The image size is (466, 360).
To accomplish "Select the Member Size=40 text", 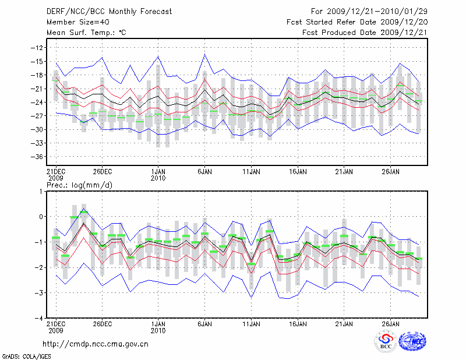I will (74, 22).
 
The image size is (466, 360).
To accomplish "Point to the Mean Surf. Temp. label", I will (86, 33).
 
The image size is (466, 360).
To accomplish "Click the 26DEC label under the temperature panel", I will (102, 172).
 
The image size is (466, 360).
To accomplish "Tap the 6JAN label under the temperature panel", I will (204, 172).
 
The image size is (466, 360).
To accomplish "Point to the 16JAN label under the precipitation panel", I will (298, 323).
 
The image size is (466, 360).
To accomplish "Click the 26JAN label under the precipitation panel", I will (391, 323).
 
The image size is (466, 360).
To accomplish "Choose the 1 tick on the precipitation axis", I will (40, 191).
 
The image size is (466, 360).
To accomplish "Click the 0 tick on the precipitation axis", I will (40, 217).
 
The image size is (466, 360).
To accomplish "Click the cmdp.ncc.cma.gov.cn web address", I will (96, 344).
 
